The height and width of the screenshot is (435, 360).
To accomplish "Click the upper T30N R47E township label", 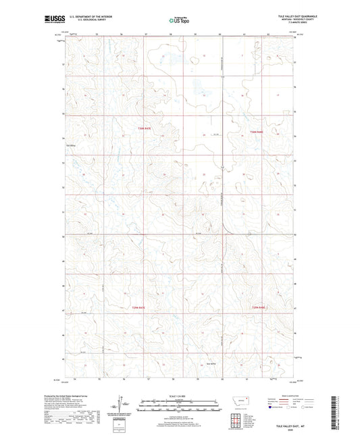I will [143, 128].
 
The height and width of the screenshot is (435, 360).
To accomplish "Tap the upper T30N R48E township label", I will [255, 131].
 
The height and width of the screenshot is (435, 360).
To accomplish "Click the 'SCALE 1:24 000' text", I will [179, 395].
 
